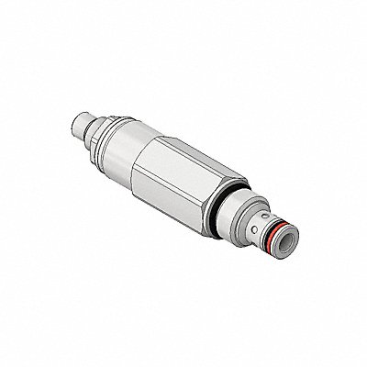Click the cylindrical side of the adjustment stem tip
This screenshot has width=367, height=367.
tap(83, 125)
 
